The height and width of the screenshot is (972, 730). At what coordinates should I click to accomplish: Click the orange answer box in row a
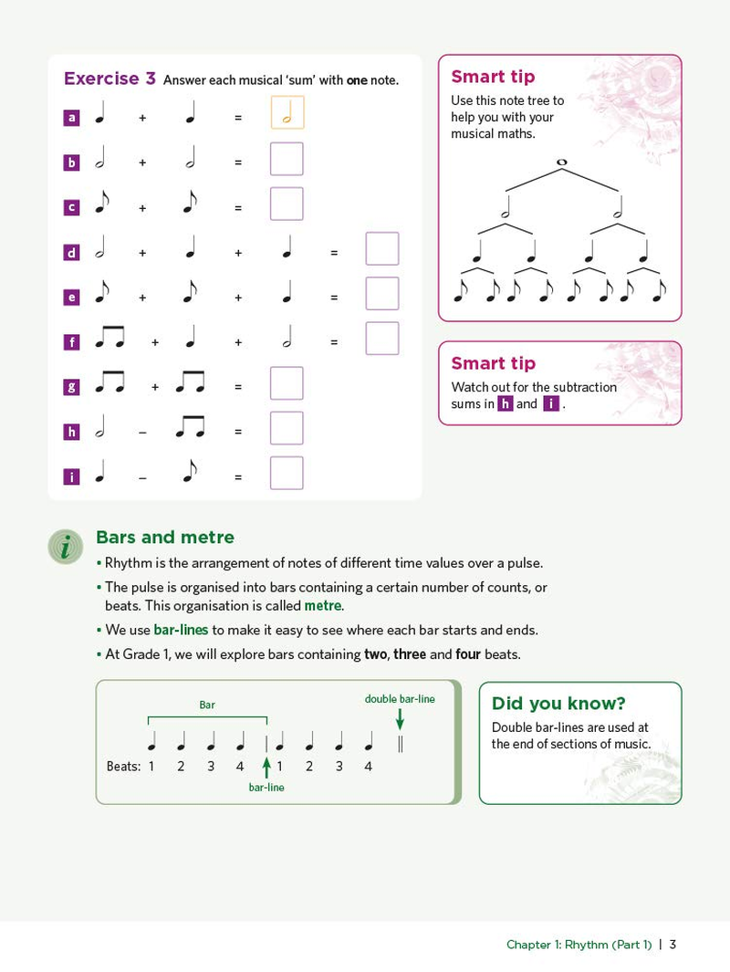point(287,113)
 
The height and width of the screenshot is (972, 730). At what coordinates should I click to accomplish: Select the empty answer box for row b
point(287,159)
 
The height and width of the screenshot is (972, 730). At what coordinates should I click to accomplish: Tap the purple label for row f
point(72,343)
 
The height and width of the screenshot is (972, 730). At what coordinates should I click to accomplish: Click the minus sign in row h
point(142,432)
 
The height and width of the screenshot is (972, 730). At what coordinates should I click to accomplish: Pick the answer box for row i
point(287,473)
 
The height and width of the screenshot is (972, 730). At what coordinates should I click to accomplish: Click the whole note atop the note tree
point(561,162)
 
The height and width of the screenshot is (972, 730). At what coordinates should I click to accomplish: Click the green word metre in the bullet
point(322,606)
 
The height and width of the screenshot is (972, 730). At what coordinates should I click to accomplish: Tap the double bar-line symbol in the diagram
point(400,744)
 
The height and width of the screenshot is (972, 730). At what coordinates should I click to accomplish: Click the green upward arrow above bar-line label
point(266,766)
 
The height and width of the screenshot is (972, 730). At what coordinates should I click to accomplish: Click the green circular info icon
point(65,547)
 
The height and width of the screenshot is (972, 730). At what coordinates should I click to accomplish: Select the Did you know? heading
point(558,703)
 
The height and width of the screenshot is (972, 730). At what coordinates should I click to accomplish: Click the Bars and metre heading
point(165,538)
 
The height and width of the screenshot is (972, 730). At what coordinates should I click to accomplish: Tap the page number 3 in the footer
point(673,944)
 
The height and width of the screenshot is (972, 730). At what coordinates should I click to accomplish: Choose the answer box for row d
point(382,248)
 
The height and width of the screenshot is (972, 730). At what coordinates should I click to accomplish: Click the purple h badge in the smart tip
point(506,404)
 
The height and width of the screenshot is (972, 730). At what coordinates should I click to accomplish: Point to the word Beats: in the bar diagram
point(123,767)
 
